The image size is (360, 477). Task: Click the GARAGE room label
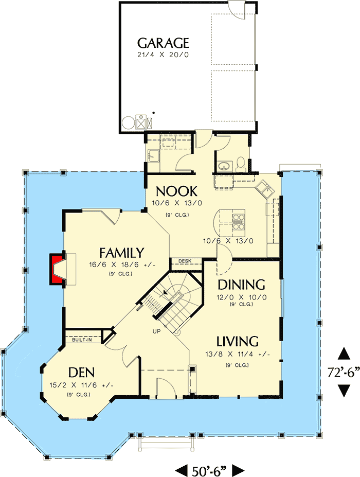[163, 43]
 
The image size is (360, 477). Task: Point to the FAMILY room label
[121, 253]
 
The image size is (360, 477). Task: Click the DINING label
[241, 285]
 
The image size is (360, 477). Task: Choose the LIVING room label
[237, 341]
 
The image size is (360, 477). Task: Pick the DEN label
[82, 372]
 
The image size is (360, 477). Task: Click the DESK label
[185, 261]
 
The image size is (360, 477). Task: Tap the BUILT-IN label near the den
[82, 340]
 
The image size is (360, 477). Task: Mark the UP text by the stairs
[157, 331]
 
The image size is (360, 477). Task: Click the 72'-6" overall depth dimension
[343, 372]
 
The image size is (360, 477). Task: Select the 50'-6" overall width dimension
[209, 469]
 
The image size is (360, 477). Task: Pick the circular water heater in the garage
[127, 123]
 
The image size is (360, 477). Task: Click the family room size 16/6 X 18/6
[122, 265]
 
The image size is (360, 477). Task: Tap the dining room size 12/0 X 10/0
[241, 297]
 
